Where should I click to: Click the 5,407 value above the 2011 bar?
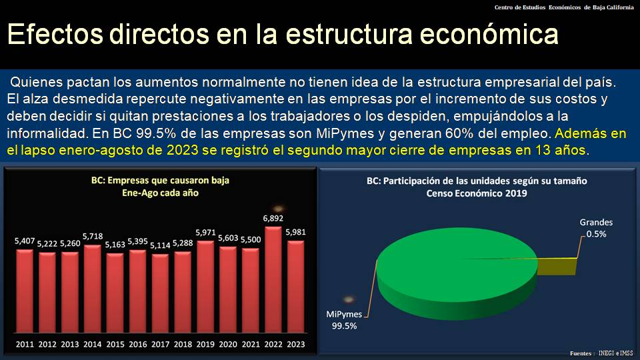25,240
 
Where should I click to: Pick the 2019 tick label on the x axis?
205,344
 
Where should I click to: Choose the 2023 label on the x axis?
296,344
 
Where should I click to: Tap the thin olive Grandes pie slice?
560,265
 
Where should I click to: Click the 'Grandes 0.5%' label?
595,228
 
